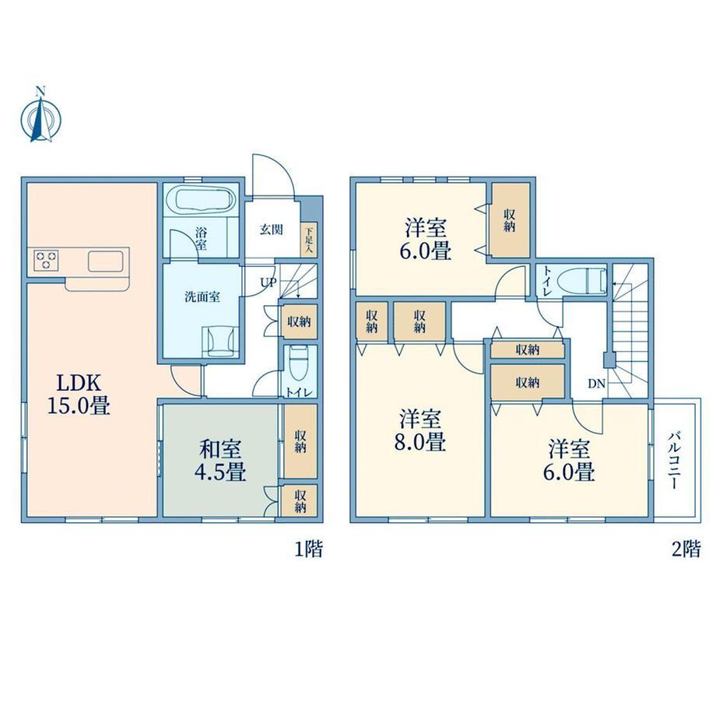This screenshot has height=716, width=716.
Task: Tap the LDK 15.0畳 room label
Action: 79,394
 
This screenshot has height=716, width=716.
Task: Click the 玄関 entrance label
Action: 272,230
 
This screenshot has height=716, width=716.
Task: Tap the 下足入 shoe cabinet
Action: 309,239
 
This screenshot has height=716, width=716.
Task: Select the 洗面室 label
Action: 202,297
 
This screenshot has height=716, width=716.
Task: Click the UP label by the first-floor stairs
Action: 268,283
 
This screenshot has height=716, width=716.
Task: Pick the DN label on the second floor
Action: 596,384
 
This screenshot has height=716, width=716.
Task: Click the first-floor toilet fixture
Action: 299,363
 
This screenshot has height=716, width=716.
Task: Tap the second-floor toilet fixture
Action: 584,280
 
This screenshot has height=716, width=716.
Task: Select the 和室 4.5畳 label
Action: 220,462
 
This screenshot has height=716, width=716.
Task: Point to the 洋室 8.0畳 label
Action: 420,430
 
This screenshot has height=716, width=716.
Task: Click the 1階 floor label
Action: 308,549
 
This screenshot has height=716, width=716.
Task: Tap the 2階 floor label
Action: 686,549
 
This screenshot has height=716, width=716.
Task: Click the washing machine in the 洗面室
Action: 220,341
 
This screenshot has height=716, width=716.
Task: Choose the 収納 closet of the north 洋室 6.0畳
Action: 510,220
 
